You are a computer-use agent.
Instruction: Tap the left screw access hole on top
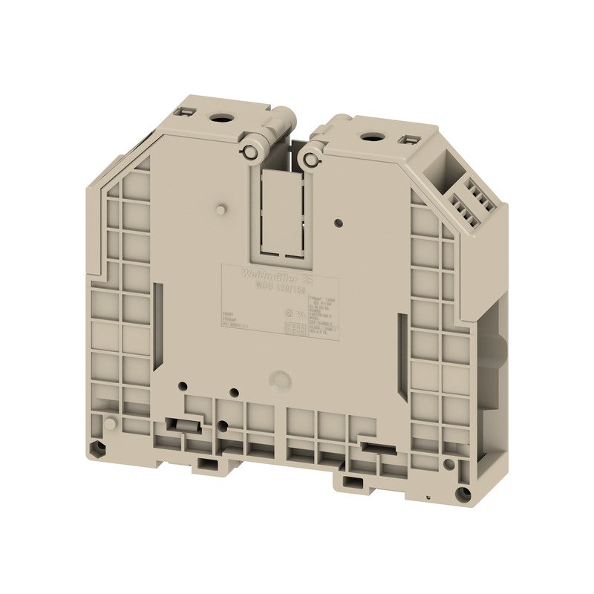pos(221,118)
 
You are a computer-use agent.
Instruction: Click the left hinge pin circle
pos(251,151)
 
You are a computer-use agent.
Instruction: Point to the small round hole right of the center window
pos(339,221)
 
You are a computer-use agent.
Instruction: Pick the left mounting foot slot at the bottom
pos(207,466)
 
